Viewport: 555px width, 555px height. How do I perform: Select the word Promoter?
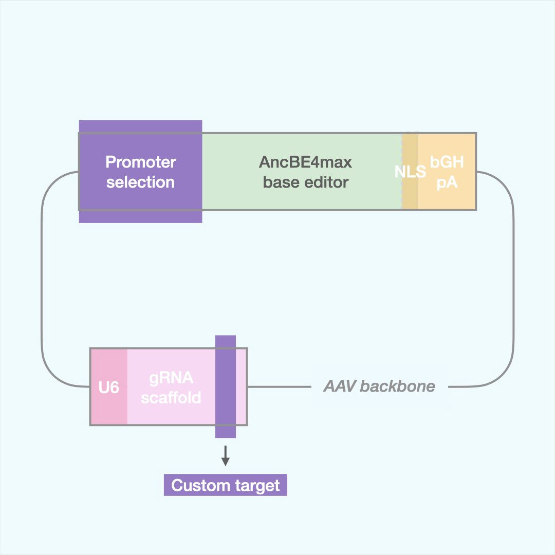pos(141,162)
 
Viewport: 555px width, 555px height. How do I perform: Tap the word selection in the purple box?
pos(140,182)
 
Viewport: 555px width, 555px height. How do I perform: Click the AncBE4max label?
pos(305,162)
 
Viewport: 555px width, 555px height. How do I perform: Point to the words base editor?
pos(305,182)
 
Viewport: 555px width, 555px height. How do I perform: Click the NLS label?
pos(410,172)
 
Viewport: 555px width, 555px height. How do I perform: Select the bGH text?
pos(447,162)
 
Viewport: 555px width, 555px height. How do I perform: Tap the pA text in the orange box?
pos(447,182)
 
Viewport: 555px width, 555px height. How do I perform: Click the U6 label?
pos(108,387)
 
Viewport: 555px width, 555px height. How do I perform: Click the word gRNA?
pos(171,378)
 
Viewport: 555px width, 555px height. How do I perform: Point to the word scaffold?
pos(171,397)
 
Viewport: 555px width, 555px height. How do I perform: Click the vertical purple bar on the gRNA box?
pos(225,386)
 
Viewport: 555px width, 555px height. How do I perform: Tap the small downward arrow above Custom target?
pos(225,456)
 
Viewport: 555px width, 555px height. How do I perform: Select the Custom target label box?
pos(225,486)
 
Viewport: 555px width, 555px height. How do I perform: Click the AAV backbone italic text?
pos(379,386)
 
